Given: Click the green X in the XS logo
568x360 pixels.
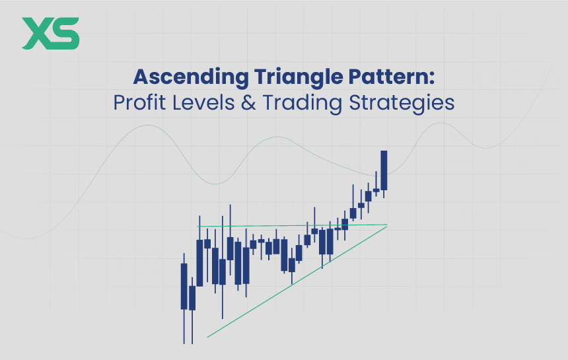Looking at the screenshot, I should (x=36, y=34).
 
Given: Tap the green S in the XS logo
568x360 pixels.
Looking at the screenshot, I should (x=65, y=34).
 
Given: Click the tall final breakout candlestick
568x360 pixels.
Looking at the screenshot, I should (x=384, y=170).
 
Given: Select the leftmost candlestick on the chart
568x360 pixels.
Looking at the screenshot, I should (x=184, y=286).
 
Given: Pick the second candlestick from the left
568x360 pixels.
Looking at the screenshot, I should (x=192, y=298).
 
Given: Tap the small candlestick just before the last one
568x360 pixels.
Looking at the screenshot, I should (x=376, y=190).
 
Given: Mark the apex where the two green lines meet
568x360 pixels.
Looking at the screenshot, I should (x=386, y=225).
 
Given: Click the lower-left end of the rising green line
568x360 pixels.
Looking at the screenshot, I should (x=207, y=338).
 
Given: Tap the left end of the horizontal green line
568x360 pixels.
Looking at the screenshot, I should (x=198, y=227).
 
